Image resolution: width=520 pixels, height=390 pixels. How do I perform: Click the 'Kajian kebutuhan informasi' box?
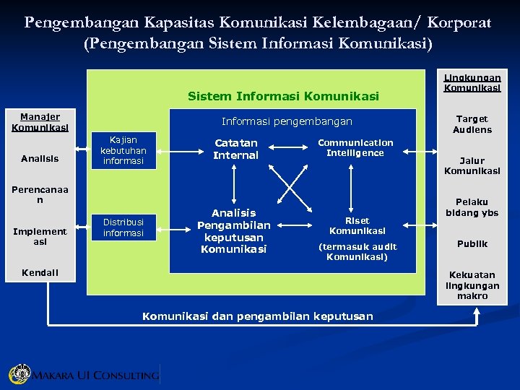point(123,150)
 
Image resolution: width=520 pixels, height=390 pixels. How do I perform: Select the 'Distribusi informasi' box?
point(123,227)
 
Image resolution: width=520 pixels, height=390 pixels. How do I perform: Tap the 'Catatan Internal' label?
point(235,149)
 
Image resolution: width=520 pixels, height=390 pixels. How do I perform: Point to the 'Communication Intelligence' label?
point(355,148)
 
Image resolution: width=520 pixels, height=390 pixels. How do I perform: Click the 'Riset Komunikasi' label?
point(357,226)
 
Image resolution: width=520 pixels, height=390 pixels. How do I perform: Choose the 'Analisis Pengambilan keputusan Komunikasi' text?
point(234,231)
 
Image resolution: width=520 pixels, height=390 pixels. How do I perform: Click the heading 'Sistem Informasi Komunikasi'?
point(282,95)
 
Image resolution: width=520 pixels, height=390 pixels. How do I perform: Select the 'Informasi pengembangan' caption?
point(287,121)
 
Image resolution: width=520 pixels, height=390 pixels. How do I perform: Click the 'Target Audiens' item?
point(472,124)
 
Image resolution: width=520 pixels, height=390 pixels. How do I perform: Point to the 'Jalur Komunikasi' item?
point(472,166)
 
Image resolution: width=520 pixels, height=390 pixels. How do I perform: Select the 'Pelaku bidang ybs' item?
point(472,207)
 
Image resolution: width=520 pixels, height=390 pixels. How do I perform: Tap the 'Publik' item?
point(472,244)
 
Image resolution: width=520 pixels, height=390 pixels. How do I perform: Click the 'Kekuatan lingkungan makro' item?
point(472,285)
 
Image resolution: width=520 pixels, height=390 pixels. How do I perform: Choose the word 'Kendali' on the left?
point(40,272)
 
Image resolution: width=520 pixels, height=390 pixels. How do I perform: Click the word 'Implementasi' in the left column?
point(40,236)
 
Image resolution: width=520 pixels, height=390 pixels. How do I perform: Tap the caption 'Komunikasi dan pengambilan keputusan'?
point(258,316)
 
